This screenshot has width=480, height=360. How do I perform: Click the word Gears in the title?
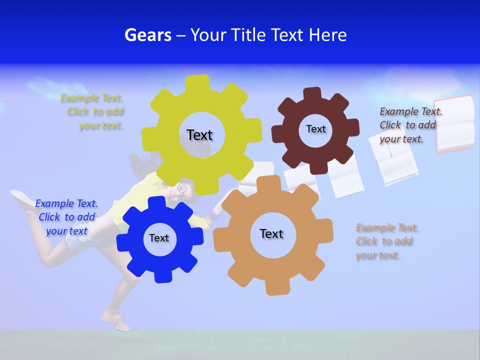(x=147, y=35)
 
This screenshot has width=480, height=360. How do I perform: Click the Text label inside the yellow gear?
(x=199, y=135)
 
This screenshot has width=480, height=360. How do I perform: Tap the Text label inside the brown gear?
(x=315, y=129)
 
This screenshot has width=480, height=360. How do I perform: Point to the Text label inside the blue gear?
(x=159, y=238)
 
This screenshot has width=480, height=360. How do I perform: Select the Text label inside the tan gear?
(x=271, y=233)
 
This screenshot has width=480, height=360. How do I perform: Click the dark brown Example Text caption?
(x=410, y=125)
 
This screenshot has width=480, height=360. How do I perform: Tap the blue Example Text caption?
(x=66, y=217)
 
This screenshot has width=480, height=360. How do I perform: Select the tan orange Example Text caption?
(x=387, y=241)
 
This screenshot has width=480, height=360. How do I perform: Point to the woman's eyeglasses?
(x=181, y=188)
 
